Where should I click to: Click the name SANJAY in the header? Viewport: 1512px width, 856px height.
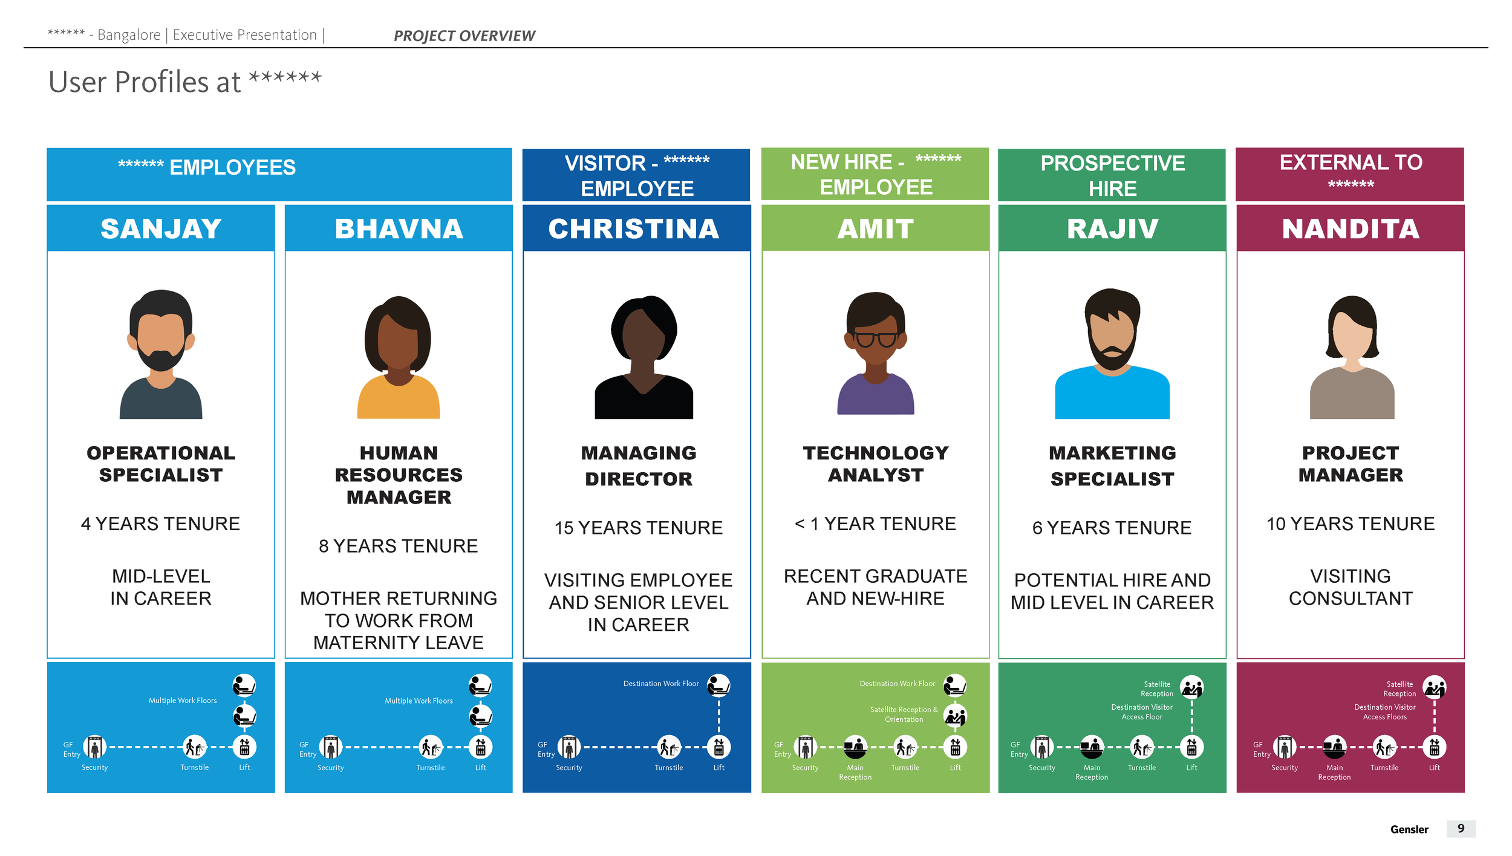coord(161,229)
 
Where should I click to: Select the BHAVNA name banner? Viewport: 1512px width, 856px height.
coord(399,229)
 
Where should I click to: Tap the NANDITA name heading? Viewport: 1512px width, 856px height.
coord(1350,229)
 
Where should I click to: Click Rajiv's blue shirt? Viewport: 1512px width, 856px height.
coord(1112,396)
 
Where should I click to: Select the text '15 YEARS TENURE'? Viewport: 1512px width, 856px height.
coord(638,528)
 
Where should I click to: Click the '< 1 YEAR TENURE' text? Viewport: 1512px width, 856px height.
coord(875,524)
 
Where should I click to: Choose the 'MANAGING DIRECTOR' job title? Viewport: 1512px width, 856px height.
coord(638,465)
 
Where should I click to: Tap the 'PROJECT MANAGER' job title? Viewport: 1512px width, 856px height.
coord(1350,464)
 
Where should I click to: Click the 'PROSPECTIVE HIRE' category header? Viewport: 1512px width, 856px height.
coord(1112,175)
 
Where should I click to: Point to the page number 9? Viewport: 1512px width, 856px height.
coord(1461,828)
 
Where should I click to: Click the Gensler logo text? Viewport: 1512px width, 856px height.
coord(1409,829)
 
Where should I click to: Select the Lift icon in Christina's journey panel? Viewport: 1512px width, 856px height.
coord(719,747)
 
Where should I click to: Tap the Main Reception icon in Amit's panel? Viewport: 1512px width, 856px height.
coord(855,747)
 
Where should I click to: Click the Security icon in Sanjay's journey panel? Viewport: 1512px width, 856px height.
coord(95,747)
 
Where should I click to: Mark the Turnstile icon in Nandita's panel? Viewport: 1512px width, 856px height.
coord(1384,747)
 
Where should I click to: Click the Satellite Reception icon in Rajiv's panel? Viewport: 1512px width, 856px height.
coord(1191,687)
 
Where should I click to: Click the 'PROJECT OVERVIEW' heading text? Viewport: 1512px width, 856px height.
coord(464,36)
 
